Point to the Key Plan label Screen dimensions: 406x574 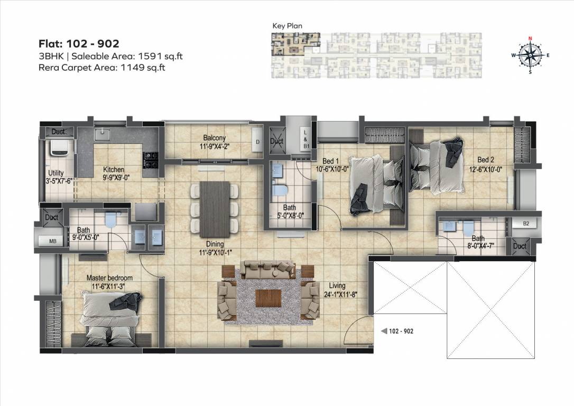point(287,26)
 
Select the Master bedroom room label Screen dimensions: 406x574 point(109,278)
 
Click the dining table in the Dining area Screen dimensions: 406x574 point(215,208)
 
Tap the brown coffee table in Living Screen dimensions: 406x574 point(266,298)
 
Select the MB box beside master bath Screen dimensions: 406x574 point(53,242)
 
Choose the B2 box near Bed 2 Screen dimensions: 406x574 point(525,224)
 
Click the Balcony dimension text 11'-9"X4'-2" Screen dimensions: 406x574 point(214,146)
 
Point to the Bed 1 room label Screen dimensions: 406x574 point(325,161)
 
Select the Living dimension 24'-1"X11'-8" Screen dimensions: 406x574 point(346,295)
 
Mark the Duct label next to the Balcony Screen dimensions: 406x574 point(276,142)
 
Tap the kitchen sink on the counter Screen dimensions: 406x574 point(101,134)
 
